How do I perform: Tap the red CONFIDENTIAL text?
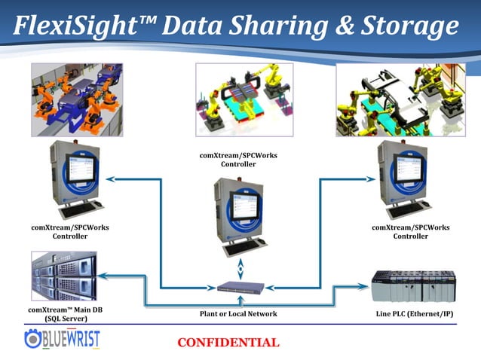228,343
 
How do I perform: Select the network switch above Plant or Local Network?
240,288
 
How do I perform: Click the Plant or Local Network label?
240,313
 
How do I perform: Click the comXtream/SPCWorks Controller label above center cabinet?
238,160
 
